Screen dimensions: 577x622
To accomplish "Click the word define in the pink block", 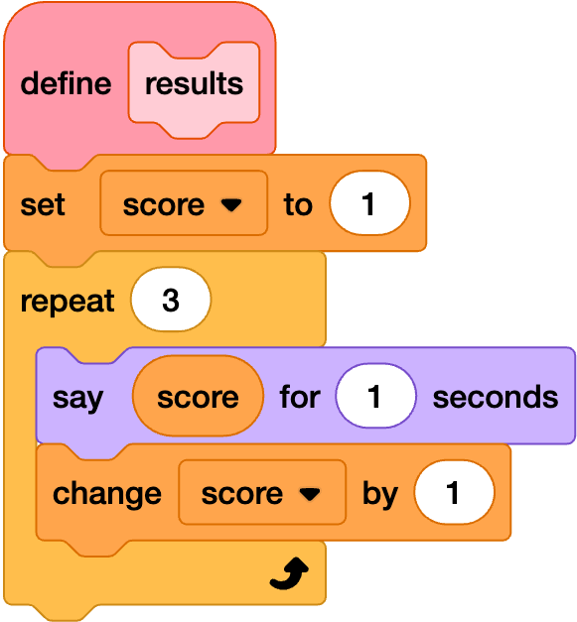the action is pyautogui.click(x=66, y=83).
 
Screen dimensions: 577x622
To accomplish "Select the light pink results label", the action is pyautogui.click(x=194, y=84).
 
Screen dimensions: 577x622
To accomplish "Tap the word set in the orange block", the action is pyautogui.click(x=43, y=204).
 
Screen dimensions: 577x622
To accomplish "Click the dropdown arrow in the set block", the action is pyautogui.click(x=231, y=205).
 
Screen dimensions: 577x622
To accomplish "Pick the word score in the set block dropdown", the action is pyautogui.click(x=164, y=205).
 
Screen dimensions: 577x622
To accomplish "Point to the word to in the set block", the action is pyautogui.click(x=298, y=204).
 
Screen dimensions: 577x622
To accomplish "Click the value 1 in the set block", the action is pyautogui.click(x=369, y=203).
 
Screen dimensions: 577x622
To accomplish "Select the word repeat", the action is pyautogui.click(x=68, y=302).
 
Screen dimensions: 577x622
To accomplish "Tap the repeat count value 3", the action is pyautogui.click(x=171, y=300).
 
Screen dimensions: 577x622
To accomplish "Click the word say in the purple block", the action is pyautogui.click(x=77, y=398).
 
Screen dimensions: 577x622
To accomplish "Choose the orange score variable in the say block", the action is pyautogui.click(x=198, y=396).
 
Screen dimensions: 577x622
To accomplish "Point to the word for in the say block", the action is pyautogui.click(x=300, y=396).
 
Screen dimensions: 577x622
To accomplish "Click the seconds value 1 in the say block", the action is pyautogui.click(x=375, y=396).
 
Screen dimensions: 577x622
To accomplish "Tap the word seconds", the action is pyautogui.click(x=496, y=397).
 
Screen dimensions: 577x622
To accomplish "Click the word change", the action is pyautogui.click(x=107, y=494).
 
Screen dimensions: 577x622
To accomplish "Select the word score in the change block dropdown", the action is pyautogui.click(x=242, y=494).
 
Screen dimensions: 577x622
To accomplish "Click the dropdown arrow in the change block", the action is pyautogui.click(x=309, y=494).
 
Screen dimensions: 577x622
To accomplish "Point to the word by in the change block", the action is pyautogui.click(x=380, y=494).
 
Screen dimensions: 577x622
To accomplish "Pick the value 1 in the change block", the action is pyautogui.click(x=454, y=492).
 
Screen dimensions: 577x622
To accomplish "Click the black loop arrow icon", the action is pyautogui.click(x=289, y=573).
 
